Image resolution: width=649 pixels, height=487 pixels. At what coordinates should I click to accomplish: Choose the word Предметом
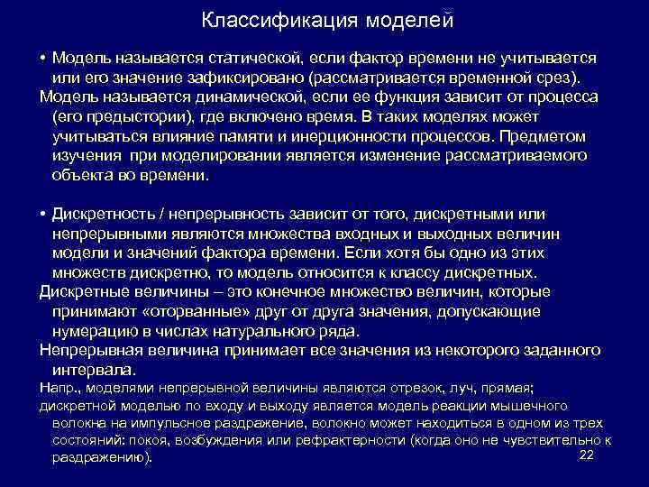click(x=545, y=137)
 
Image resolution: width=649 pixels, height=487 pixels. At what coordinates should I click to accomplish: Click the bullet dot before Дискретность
click(x=43, y=215)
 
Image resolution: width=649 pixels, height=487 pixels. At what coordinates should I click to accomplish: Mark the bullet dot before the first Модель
click(x=43, y=58)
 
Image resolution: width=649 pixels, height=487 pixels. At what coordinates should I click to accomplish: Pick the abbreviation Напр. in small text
click(x=61, y=389)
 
